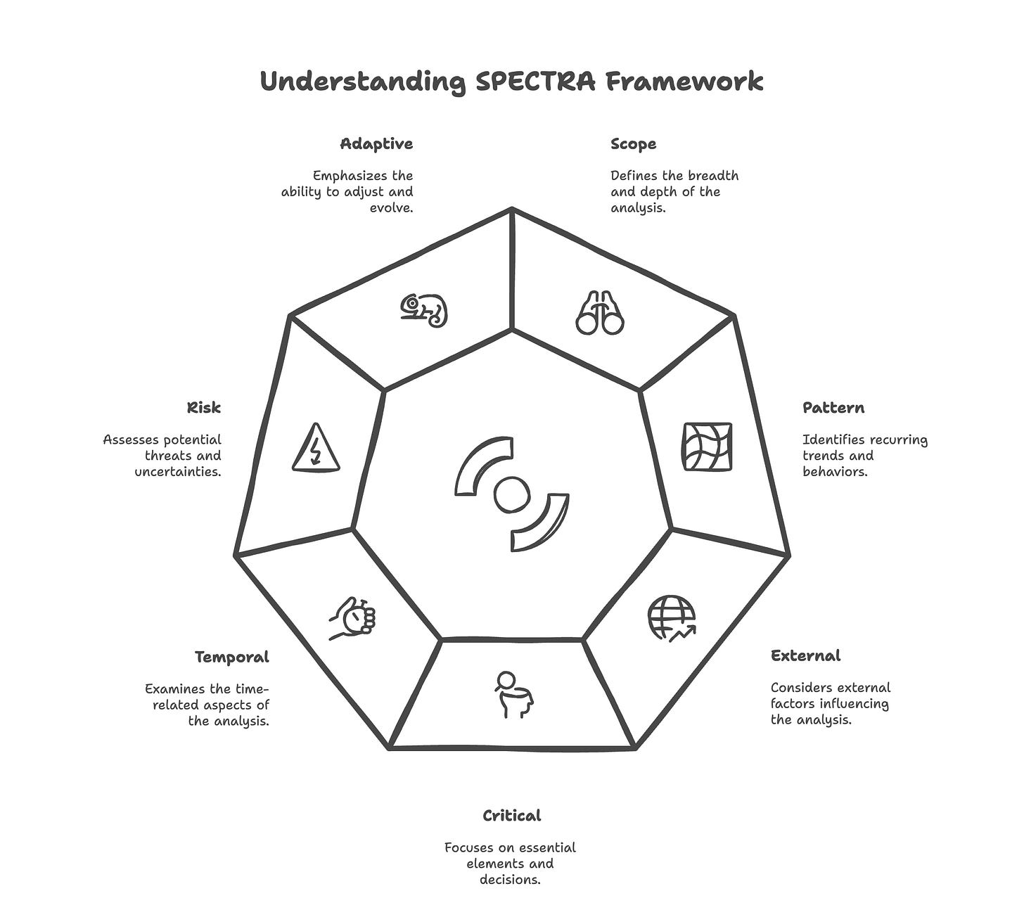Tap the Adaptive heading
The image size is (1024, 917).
[376, 144]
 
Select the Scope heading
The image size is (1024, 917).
[633, 144]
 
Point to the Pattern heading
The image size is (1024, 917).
[833, 408]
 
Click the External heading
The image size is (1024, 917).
[805, 656]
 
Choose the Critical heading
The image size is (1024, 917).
[511, 816]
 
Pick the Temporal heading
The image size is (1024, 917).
[232, 658]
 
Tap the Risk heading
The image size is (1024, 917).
[204, 408]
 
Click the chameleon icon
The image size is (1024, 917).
[424, 310]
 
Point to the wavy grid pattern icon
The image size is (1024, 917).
[707, 447]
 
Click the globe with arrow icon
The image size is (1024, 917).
[672, 619]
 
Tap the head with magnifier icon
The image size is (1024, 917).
[513, 695]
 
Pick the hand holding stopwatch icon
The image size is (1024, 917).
[354, 618]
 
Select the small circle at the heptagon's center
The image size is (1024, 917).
[511, 495]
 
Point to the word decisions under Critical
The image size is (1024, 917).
[511, 880]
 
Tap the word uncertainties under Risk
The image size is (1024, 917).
[178, 472]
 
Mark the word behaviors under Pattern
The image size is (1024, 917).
[835, 472]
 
